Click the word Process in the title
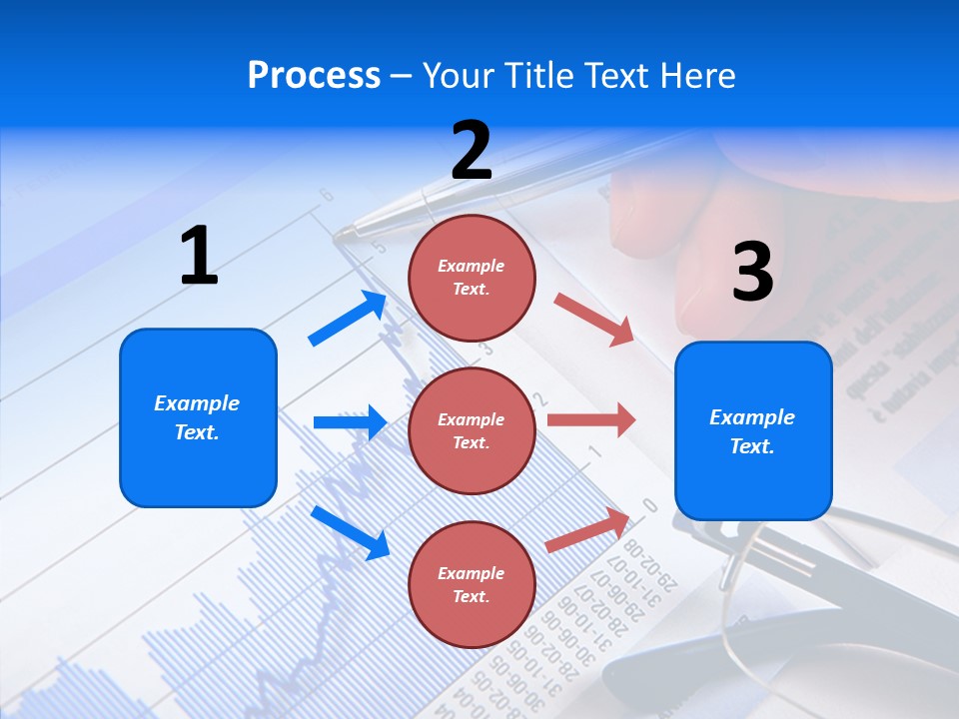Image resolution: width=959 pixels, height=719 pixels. [314, 75]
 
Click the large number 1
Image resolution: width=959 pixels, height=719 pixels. [199, 256]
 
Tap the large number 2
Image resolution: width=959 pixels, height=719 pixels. [472, 150]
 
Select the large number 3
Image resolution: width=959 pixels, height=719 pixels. [752, 273]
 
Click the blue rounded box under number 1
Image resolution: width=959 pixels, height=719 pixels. [198, 417]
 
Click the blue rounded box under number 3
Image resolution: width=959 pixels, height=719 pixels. [753, 431]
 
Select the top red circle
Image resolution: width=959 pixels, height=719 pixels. [472, 278]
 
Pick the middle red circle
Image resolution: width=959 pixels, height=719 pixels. [472, 431]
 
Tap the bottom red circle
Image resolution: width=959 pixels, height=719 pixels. [472, 585]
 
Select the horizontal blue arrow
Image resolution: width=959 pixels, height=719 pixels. [350, 422]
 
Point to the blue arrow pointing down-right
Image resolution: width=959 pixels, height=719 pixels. [350, 532]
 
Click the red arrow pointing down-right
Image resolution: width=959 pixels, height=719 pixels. [594, 320]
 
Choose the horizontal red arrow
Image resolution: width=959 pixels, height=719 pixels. [590, 419]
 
